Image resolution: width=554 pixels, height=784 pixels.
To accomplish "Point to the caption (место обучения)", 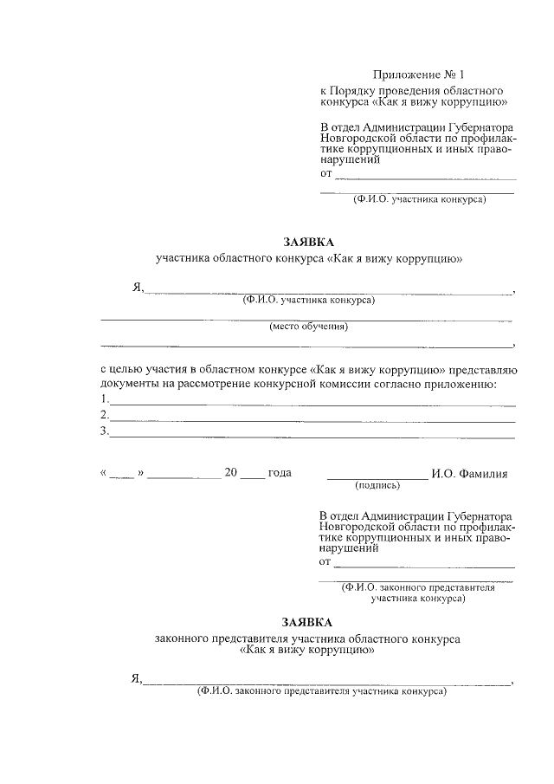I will coord(308,327).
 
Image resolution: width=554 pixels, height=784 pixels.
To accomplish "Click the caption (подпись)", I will coord(377,485).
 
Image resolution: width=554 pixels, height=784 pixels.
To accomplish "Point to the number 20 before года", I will coord(230,473).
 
